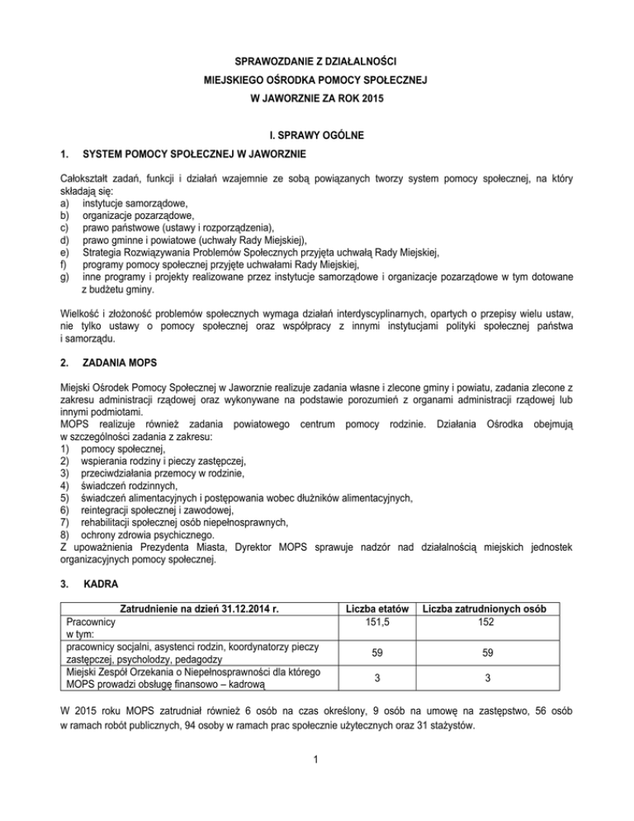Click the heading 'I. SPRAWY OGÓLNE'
[317, 135]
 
